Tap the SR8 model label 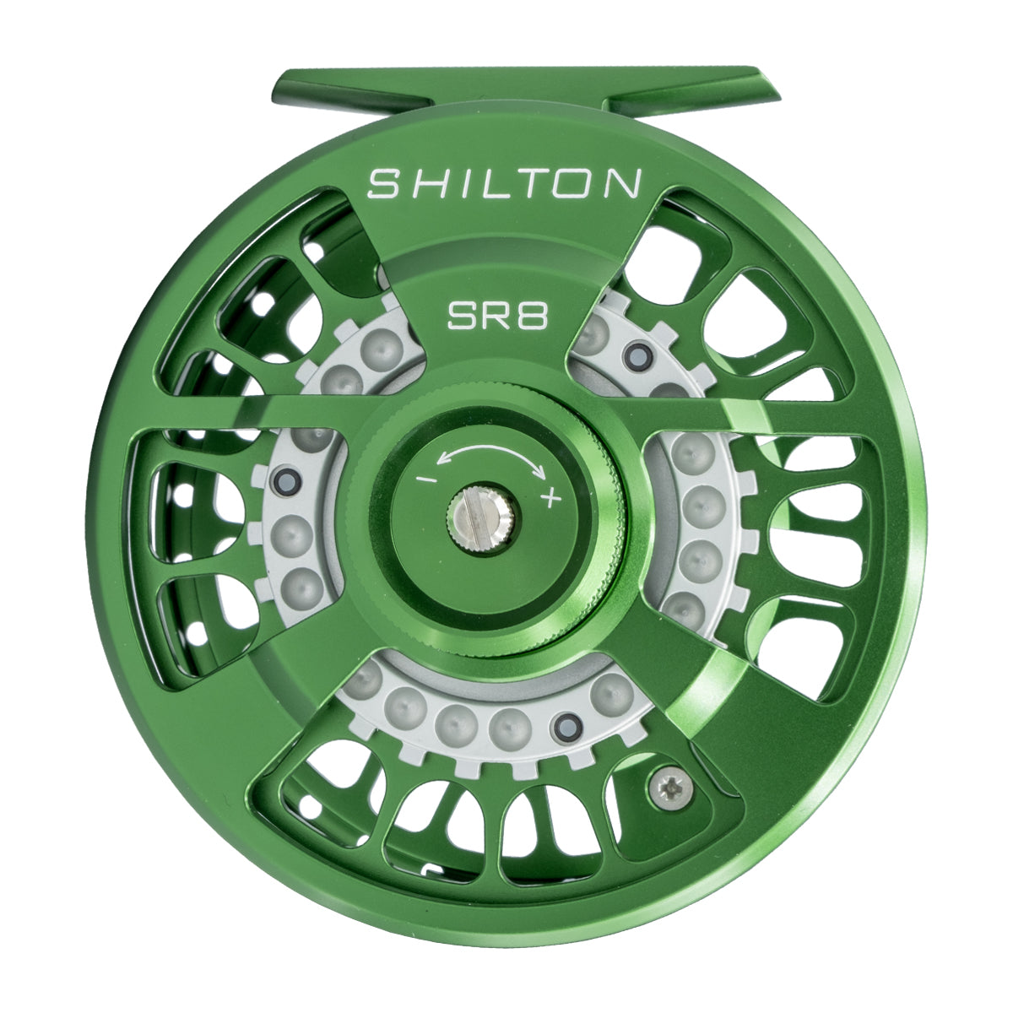498,317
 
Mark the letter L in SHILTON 493,183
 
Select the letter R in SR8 498,317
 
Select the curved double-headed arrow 490,457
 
